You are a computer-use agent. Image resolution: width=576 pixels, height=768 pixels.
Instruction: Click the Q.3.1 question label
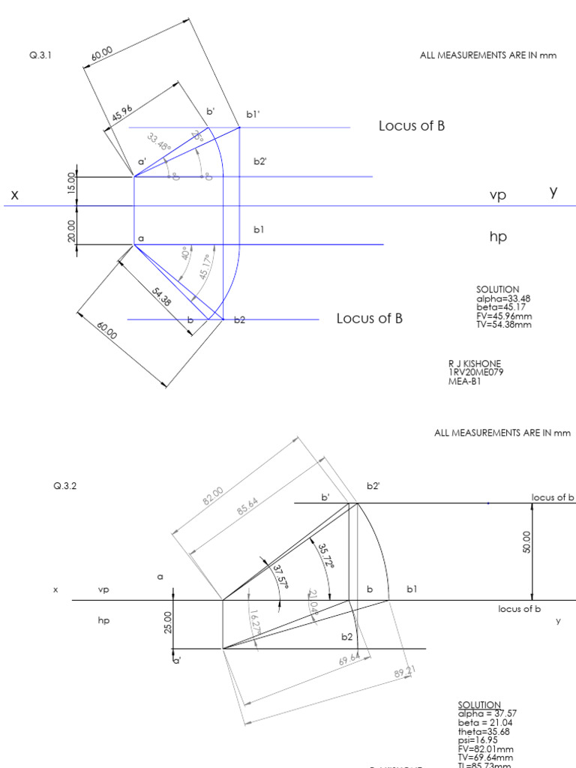click(x=40, y=55)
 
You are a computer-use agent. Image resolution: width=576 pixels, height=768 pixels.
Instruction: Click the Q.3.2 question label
click(x=65, y=485)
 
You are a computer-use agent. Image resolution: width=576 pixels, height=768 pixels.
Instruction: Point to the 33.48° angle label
click(x=158, y=142)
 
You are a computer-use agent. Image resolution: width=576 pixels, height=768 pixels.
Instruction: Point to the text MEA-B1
click(x=464, y=381)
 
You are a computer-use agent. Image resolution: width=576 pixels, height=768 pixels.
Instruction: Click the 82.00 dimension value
click(x=214, y=496)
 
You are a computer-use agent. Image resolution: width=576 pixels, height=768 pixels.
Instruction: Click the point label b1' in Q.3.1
click(x=253, y=115)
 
